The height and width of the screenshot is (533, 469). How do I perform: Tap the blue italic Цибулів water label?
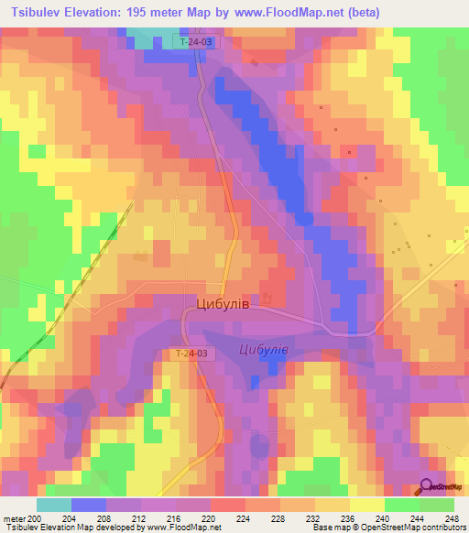click(x=264, y=350)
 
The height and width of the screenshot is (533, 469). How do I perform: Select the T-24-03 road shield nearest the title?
click(x=197, y=42)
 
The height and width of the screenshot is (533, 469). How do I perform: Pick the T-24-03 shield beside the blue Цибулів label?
click(x=191, y=354)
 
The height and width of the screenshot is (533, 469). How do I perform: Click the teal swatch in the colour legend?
click(x=54, y=505)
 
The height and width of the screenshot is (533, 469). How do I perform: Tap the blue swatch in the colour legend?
click(x=89, y=505)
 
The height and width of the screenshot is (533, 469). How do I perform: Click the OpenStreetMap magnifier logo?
click(x=427, y=487)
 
